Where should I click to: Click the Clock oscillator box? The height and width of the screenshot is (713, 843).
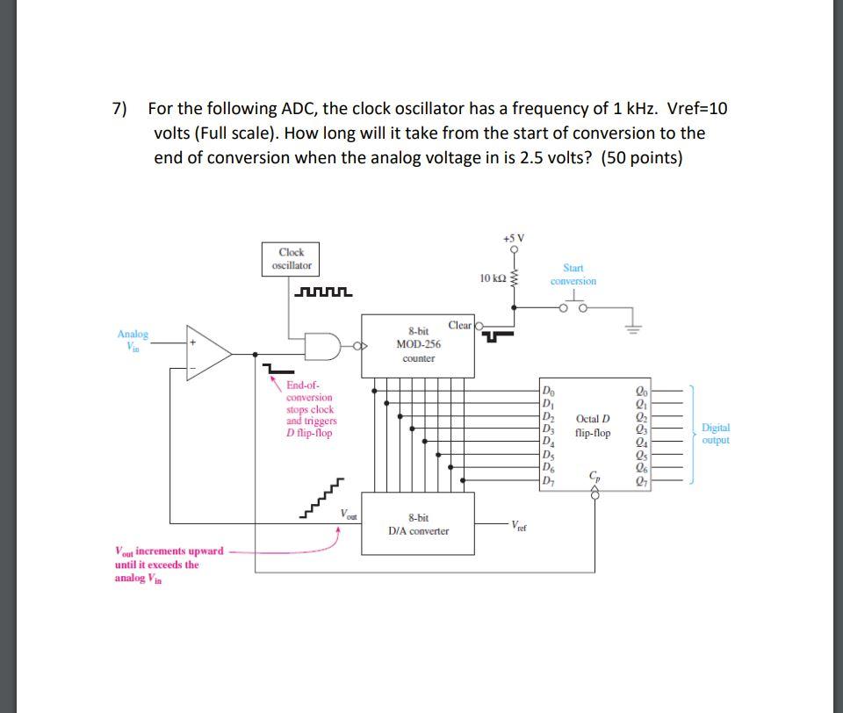290,258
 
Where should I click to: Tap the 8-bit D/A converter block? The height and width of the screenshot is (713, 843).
417,524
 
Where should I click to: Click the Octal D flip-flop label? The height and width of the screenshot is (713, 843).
593,426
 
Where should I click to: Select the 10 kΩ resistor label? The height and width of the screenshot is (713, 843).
493,278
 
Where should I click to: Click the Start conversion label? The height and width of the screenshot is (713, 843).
573,274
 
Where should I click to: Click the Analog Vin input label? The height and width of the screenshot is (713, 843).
133,340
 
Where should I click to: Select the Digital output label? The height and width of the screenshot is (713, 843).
716,434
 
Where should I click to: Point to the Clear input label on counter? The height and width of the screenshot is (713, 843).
460,325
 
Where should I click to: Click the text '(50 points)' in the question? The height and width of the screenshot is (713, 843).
641,158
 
